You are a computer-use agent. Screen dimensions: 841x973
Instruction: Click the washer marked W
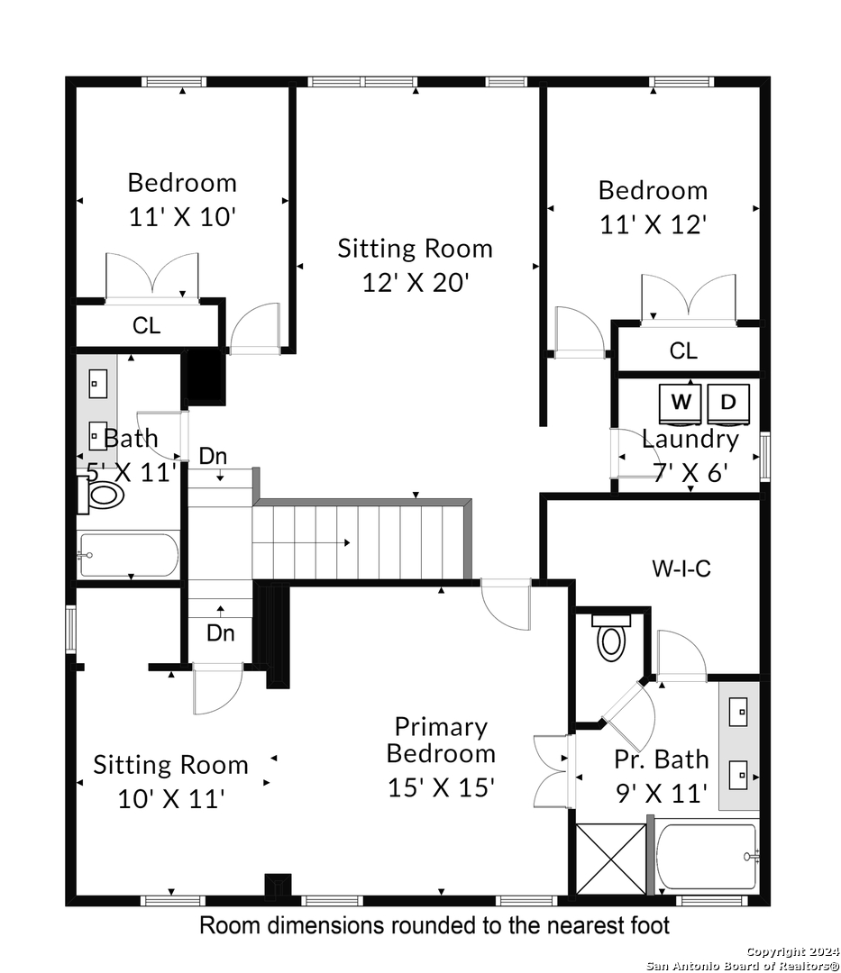pyautogui.click(x=681, y=405)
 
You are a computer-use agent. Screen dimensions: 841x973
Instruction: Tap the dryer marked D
pyautogui.click(x=728, y=405)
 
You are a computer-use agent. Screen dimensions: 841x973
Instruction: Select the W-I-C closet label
pyautogui.click(x=681, y=568)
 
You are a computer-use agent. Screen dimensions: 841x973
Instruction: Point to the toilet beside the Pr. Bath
pyautogui.click(x=611, y=638)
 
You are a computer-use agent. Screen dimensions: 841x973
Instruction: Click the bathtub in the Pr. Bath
pyautogui.click(x=708, y=859)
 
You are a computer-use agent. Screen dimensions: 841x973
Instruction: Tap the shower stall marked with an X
pyautogui.click(x=611, y=859)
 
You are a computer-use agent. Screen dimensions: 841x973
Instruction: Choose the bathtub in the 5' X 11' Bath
pyautogui.click(x=129, y=554)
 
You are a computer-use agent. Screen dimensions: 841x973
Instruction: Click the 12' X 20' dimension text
pyautogui.click(x=416, y=283)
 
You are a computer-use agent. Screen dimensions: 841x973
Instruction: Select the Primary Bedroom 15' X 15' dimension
pyautogui.click(x=442, y=787)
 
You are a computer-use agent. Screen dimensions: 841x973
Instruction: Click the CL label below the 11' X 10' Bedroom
pyautogui.click(x=147, y=325)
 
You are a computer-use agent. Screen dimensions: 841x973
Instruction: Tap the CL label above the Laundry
pyautogui.click(x=683, y=351)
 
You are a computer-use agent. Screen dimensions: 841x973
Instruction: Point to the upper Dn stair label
pyautogui.click(x=213, y=456)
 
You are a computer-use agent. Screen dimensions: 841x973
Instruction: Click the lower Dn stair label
pyautogui.click(x=220, y=633)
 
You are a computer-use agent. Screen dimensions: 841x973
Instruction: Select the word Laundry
pyautogui.click(x=690, y=440)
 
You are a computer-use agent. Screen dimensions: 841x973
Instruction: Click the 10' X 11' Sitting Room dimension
pyautogui.click(x=170, y=798)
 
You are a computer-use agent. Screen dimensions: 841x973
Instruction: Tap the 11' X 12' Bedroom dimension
pyautogui.click(x=654, y=224)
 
